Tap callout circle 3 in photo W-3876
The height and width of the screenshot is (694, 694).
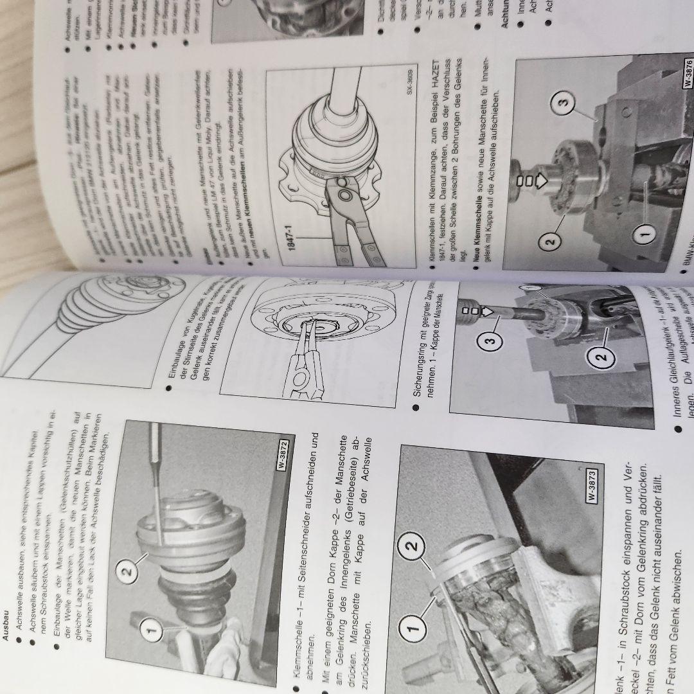pos(560,102)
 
